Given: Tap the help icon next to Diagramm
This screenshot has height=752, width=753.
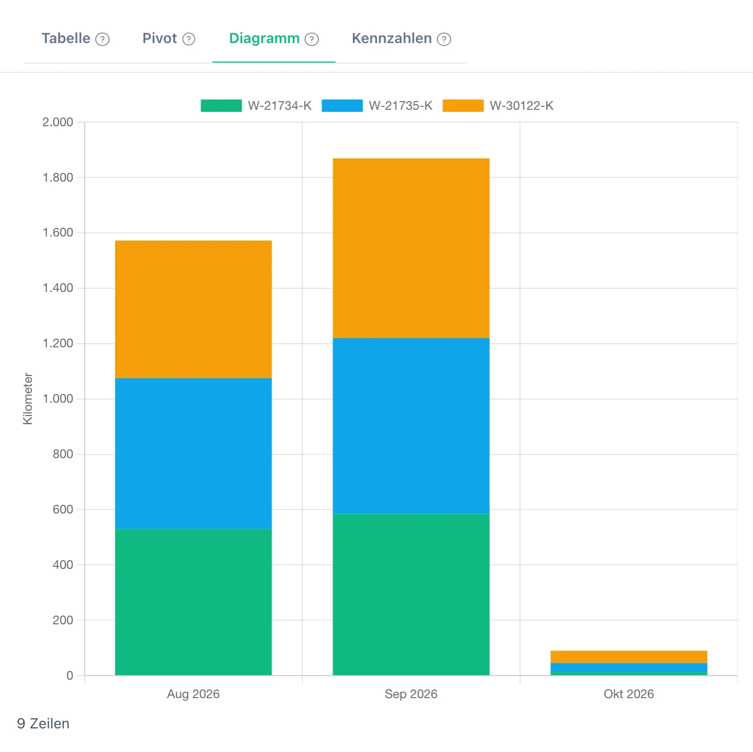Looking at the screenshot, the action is [x=312, y=39].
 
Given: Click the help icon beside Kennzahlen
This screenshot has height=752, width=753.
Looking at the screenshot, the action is [x=444, y=39].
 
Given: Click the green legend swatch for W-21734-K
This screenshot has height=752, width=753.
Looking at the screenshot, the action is [x=221, y=106].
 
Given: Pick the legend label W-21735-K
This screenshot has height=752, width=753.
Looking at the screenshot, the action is [x=401, y=106].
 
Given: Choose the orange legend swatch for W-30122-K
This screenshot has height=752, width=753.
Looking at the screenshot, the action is [x=463, y=106].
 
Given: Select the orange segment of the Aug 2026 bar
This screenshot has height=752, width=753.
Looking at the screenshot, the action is [x=193, y=309].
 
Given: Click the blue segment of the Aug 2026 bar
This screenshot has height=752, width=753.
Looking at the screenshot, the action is [x=193, y=453].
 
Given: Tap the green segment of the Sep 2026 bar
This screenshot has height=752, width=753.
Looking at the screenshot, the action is [x=411, y=594].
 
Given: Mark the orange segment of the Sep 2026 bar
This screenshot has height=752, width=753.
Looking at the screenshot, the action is [x=411, y=248].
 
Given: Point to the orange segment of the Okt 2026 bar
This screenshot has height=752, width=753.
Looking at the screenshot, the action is [x=629, y=657].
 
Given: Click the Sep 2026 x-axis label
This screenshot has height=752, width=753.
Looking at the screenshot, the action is [x=411, y=694].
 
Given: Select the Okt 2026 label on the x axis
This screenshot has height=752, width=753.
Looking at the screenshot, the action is [x=629, y=694].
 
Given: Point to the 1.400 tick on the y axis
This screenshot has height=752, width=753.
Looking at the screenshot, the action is [x=58, y=288].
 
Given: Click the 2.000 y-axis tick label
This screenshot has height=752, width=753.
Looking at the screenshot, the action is [x=58, y=122].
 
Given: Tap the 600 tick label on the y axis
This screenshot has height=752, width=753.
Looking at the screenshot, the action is [x=63, y=509].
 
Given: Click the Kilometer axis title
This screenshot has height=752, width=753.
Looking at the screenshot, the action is [x=28, y=399].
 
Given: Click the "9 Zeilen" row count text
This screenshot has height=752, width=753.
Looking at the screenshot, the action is [x=43, y=723].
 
